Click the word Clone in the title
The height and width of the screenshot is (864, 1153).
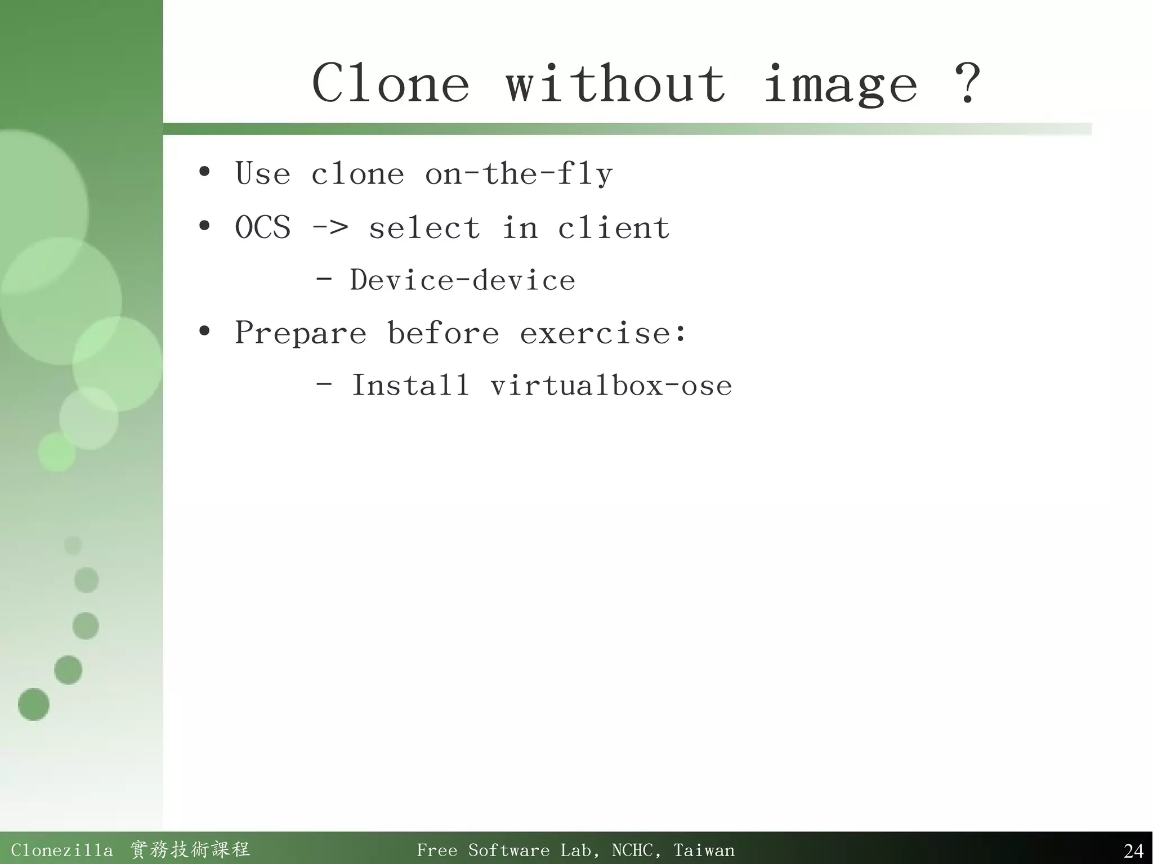pos(391,83)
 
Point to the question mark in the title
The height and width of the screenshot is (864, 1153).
pos(968,83)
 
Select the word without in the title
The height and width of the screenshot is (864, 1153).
pos(615,83)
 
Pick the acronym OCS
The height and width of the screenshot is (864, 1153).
pos(262,227)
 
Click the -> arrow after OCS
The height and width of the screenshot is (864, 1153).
pos(330,229)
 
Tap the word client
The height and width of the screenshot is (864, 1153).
pos(614,227)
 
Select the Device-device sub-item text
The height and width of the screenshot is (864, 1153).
pos(462,280)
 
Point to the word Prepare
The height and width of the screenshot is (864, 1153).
pos(300,333)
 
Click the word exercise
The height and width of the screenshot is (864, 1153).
pos(595,333)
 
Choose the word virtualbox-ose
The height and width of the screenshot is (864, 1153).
pos(611,386)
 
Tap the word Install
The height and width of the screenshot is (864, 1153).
pos(410,386)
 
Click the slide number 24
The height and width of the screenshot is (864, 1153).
pos(1133,850)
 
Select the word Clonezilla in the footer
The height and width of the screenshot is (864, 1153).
pos(61,850)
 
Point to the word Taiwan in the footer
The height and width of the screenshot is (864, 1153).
pos(704,850)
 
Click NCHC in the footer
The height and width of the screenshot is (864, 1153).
pos(632,850)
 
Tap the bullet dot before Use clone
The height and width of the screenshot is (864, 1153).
pos(204,172)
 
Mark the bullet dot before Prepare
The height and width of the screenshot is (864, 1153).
pos(204,331)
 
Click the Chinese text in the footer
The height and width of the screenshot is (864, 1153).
pos(190,849)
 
